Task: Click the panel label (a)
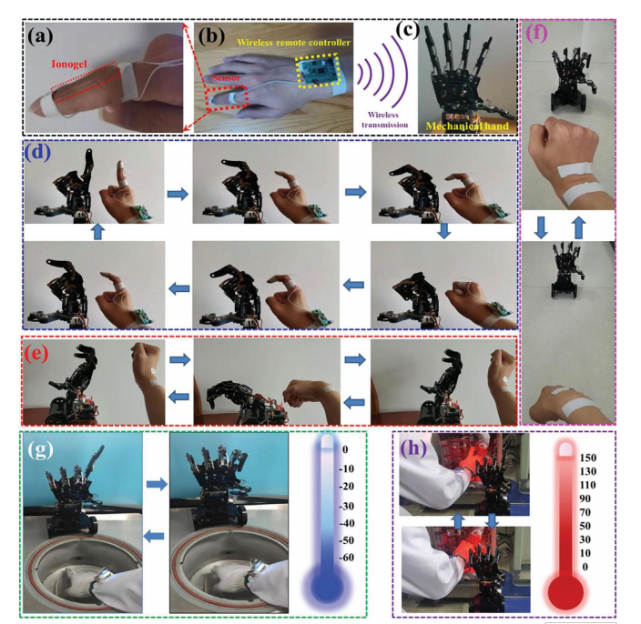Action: point(40,36)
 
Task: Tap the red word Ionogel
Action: point(69,64)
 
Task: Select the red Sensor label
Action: point(226,77)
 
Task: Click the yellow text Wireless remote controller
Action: point(293,43)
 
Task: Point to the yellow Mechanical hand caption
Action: point(467,126)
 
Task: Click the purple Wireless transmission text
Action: point(384,120)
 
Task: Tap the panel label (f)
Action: point(537,34)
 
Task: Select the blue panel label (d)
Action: point(37,153)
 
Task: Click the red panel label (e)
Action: point(36,353)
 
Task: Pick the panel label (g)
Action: point(40,449)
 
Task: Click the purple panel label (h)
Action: point(413,448)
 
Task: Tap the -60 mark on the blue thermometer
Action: point(346,557)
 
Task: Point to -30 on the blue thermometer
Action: point(346,506)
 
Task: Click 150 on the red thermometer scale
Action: point(588,458)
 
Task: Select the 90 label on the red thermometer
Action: point(585,498)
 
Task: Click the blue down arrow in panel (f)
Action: point(541,228)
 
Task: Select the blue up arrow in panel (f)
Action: point(578,228)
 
